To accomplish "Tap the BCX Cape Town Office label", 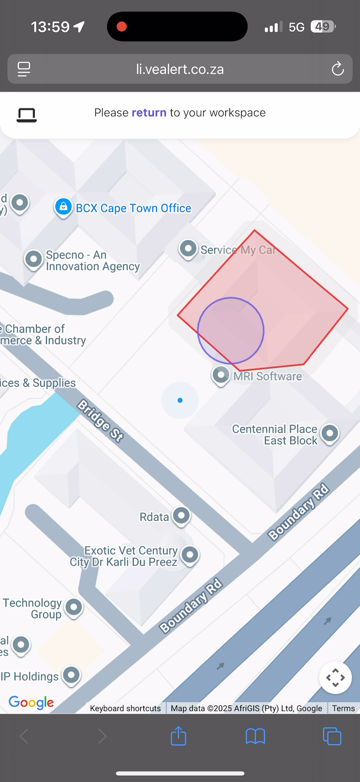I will (133, 208).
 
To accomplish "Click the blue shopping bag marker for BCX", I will (64, 207).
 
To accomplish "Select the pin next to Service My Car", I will (188, 248).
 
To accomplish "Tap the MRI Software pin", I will (221, 374).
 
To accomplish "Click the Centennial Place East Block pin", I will (329, 433).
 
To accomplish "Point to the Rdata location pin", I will (181, 516).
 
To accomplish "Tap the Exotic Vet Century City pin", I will (189, 554).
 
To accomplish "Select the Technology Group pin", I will (74, 607).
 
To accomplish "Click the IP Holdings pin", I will (71, 675).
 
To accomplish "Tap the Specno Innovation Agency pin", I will (34, 259).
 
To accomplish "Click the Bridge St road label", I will (100, 421).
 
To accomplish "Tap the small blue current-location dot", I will (180, 400).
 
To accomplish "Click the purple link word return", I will (149, 112).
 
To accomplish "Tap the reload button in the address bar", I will (338, 69).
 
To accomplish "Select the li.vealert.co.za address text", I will (180, 69).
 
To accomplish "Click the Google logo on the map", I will (31, 702).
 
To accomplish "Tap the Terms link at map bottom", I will (343, 708).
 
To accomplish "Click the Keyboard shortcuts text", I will (125, 708).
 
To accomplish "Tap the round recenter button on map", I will (335, 677).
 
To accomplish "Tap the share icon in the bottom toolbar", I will (178, 736).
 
